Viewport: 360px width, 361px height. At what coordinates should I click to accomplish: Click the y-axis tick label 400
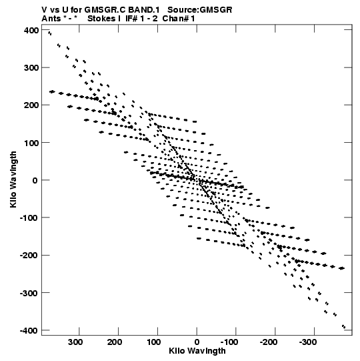click(x=31, y=31)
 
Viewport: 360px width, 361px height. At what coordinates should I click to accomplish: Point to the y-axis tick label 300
click(x=31, y=68)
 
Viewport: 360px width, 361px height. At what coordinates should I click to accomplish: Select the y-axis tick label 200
click(x=31, y=105)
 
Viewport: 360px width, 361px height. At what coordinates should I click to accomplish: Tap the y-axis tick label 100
click(x=31, y=143)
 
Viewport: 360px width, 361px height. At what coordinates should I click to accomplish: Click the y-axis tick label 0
click(x=35, y=180)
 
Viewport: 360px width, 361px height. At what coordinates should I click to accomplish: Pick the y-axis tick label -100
click(x=29, y=218)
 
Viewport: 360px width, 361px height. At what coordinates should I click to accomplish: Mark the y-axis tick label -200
click(x=29, y=256)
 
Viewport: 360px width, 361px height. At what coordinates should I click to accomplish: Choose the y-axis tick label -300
click(x=29, y=293)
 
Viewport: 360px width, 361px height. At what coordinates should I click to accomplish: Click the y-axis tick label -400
click(x=29, y=330)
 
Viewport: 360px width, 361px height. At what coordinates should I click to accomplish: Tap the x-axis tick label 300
click(x=75, y=342)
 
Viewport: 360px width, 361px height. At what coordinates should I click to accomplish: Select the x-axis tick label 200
click(x=115, y=342)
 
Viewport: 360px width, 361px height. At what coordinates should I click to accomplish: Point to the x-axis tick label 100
click(x=153, y=342)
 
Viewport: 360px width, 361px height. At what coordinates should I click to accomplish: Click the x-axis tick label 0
click(x=197, y=342)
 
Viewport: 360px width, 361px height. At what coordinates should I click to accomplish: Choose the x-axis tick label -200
click(x=268, y=342)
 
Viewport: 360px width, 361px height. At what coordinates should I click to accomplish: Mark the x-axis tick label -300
click(x=307, y=342)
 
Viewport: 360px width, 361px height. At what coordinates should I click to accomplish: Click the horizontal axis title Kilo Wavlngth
click(x=197, y=351)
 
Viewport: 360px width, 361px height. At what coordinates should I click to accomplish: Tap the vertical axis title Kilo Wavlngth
click(x=13, y=179)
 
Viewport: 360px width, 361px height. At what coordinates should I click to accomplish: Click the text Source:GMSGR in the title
click(x=200, y=10)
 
